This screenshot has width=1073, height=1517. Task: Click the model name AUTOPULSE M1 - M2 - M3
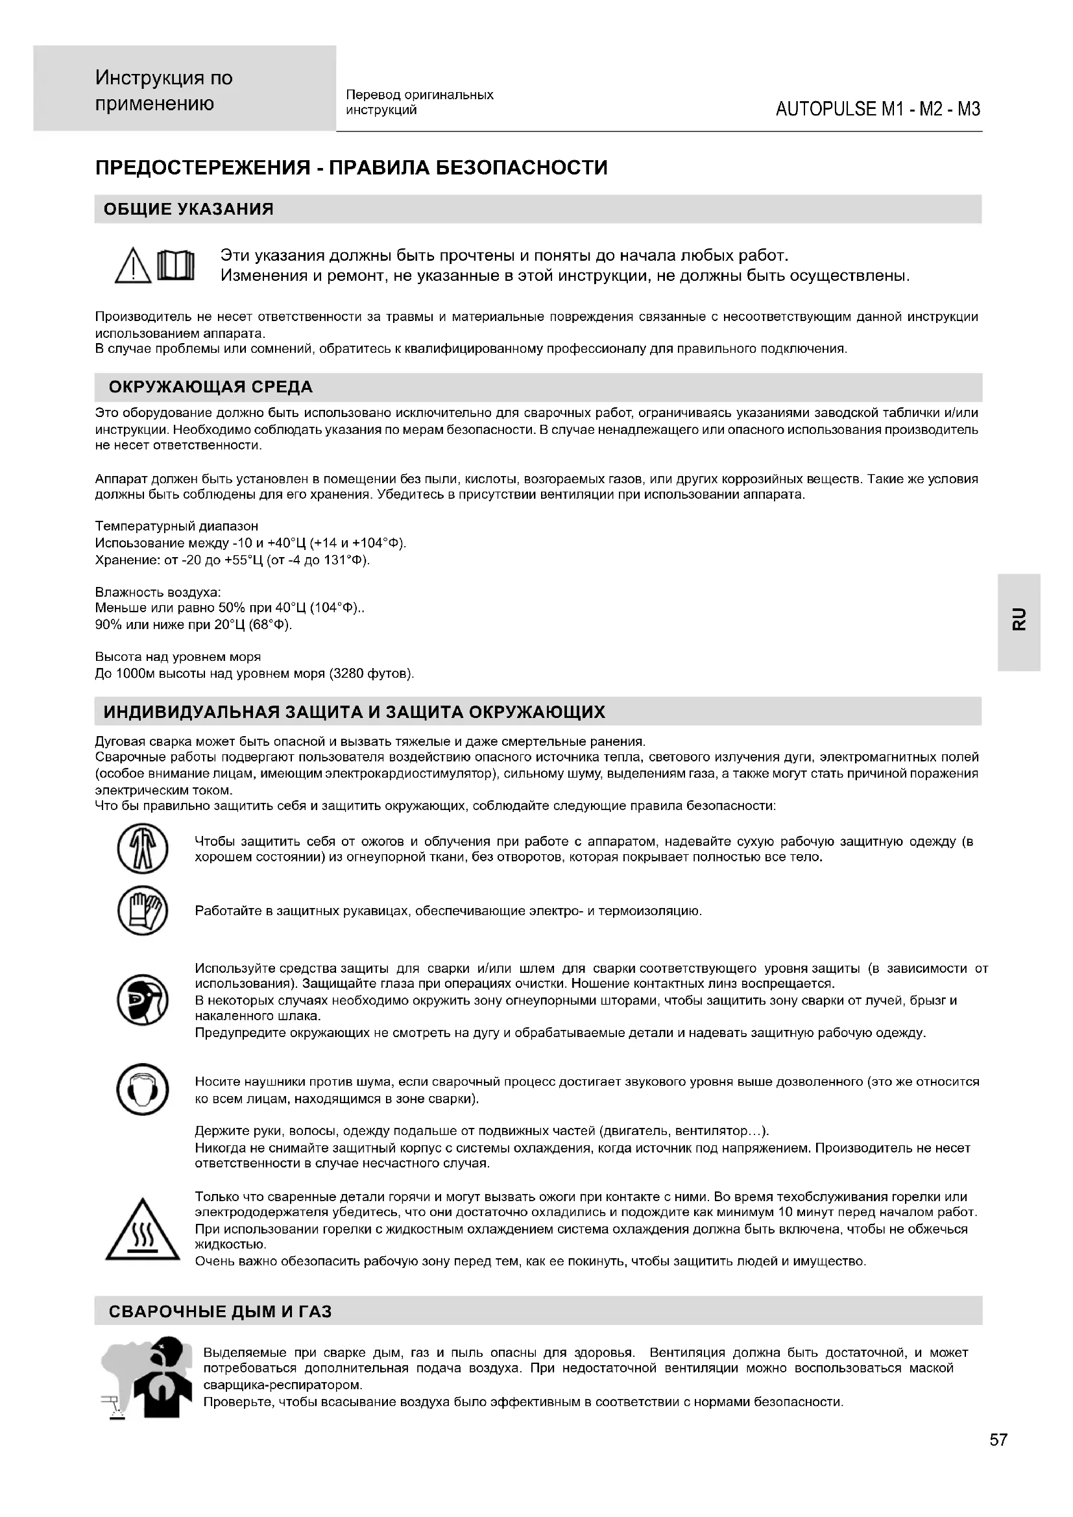pyautogui.click(x=878, y=109)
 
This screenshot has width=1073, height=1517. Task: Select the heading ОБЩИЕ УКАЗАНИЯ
pyautogui.click(x=188, y=209)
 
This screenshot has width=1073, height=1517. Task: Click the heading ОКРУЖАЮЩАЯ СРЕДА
pyautogui.click(x=210, y=387)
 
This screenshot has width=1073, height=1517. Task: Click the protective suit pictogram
pyautogui.click(x=143, y=849)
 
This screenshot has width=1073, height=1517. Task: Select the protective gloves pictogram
pyautogui.click(x=143, y=911)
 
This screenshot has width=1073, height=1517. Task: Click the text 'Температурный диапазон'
pyautogui.click(x=176, y=527)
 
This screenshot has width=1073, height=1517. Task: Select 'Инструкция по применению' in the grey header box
pyautogui.click(x=164, y=91)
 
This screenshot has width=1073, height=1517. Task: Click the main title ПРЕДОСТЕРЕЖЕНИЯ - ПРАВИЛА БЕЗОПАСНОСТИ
pyautogui.click(x=352, y=168)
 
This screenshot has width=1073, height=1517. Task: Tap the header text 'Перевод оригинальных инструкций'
pyautogui.click(x=420, y=102)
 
